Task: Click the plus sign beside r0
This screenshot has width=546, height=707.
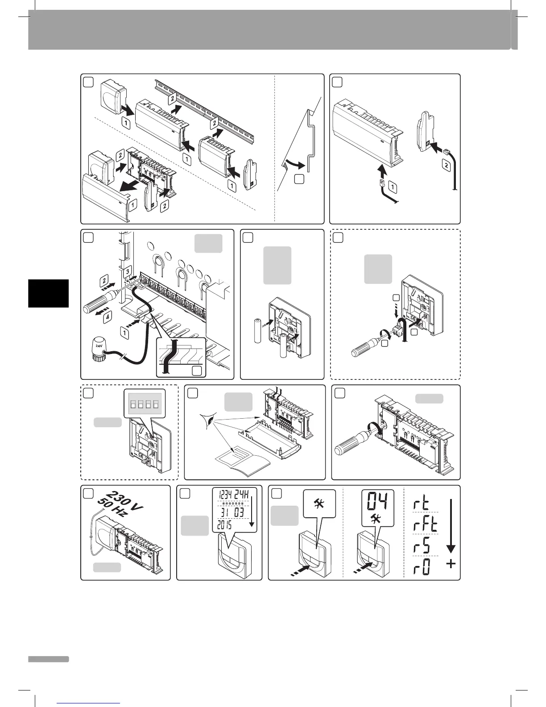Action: [451, 564]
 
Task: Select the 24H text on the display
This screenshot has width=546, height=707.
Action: [245, 494]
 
